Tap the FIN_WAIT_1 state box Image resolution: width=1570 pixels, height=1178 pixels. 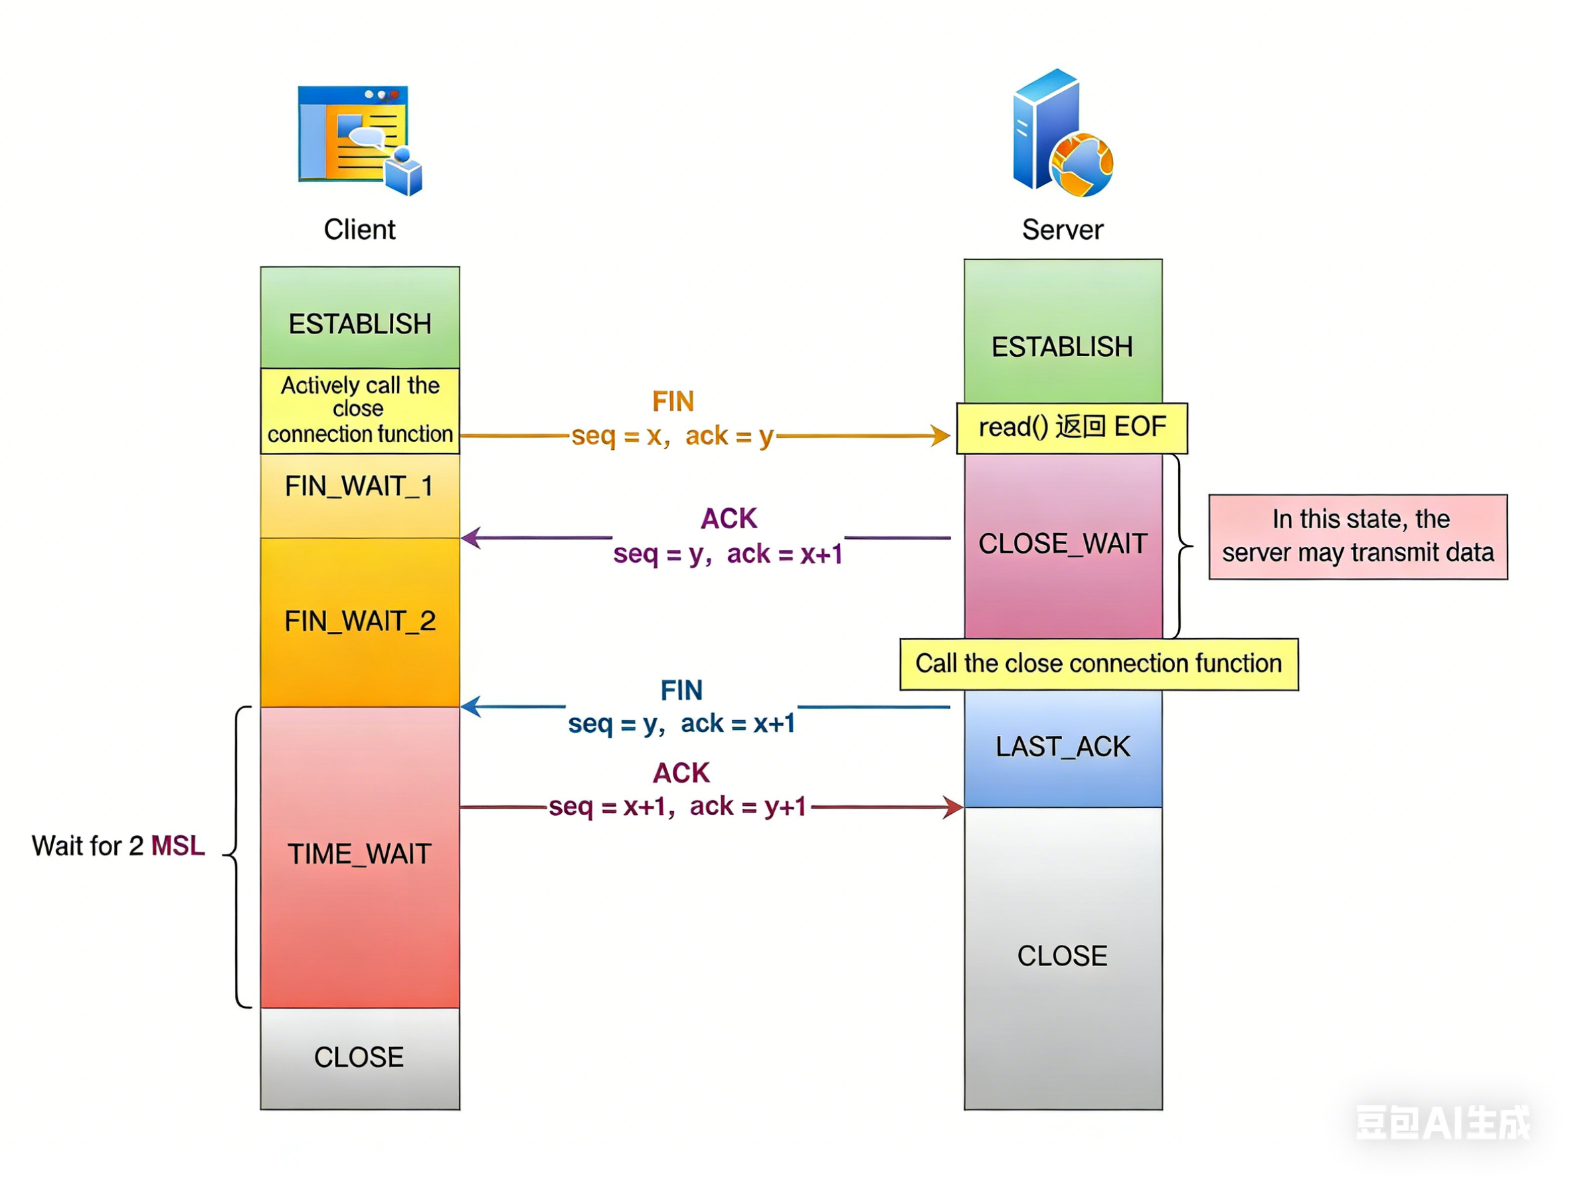(x=359, y=494)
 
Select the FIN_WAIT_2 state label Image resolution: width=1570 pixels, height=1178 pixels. (x=359, y=621)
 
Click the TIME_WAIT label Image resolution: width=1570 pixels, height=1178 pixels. (x=359, y=854)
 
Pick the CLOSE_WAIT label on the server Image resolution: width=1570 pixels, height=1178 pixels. (x=1063, y=544)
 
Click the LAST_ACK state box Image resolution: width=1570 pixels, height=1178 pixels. (x=1063, y=747)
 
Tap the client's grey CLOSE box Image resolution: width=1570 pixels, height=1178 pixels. (x=359, y=1058)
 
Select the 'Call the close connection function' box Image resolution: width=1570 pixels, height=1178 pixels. (x=1098, y=664)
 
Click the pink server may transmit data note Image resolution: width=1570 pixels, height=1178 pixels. (x=1357, y=537)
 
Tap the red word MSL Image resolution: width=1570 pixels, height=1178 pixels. (x=178, y=846)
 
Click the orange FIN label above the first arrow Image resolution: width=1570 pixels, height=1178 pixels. (x=673, y=402)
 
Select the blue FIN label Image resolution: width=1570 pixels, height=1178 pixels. (x=681, y=690)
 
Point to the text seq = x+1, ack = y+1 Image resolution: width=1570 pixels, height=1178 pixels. (x=678, y=807)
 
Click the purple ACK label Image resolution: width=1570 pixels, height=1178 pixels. (x=729, y=519)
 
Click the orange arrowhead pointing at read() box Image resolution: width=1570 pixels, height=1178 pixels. (x=941, y=435)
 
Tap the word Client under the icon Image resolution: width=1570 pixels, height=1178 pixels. (x=359, y=230)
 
